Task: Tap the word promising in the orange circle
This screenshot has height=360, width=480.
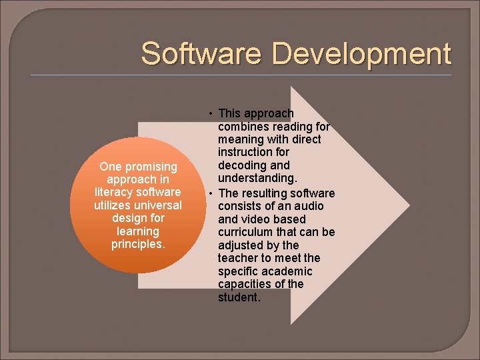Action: pyautogui.click(x=151, y=167)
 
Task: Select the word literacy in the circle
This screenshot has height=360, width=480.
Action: pyautogui.click(x=116, y=192)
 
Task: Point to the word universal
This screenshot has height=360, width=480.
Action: pyautogui.click(x=157, y=205)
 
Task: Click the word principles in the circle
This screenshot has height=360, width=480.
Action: pyautogui.click(x=137, y=244)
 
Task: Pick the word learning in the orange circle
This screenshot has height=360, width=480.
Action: pyautogui.click(x=137, y=231)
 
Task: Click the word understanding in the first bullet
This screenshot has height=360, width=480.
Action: pyautogui.click(x=256, y=178)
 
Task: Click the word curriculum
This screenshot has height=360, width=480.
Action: pyautogui.click(x=246, y=232)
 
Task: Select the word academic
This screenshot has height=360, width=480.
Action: pyautogui.click(x=286, y=271)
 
